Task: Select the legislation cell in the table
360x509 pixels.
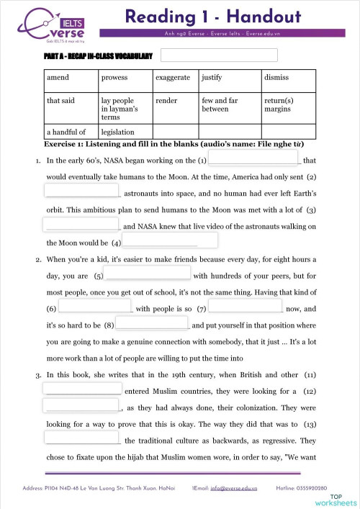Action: tap(125, 132)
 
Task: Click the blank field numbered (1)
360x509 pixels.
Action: tap(253, 158)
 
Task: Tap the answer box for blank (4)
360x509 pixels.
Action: tap(169, 240)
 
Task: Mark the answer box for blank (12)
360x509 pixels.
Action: tap(81, 406)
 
